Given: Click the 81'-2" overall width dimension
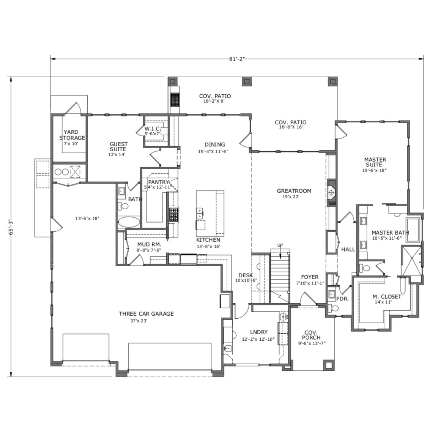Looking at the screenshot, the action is (x=237, y=59).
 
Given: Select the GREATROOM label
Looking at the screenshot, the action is (x=294, y=191).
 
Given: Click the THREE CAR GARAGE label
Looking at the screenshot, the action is (x=146, y=314).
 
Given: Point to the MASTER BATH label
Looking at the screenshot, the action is (x=390, y=233).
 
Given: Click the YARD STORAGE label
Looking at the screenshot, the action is (x=72, y=135).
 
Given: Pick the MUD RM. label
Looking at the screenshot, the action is (x=149, y=244).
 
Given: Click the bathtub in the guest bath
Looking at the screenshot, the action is (x=129, y=222).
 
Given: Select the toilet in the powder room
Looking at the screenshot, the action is (x=334, y=308).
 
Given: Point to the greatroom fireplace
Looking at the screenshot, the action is (x=332, y=193).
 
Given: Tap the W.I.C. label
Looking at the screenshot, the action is (x=153, y=129).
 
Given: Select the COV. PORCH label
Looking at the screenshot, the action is (x=311, y=335).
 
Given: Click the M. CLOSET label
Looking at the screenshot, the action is (x=387, y=297).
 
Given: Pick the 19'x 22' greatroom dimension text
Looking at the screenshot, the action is (x=291, y=197).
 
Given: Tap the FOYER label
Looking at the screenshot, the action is (x=310, y=277).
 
